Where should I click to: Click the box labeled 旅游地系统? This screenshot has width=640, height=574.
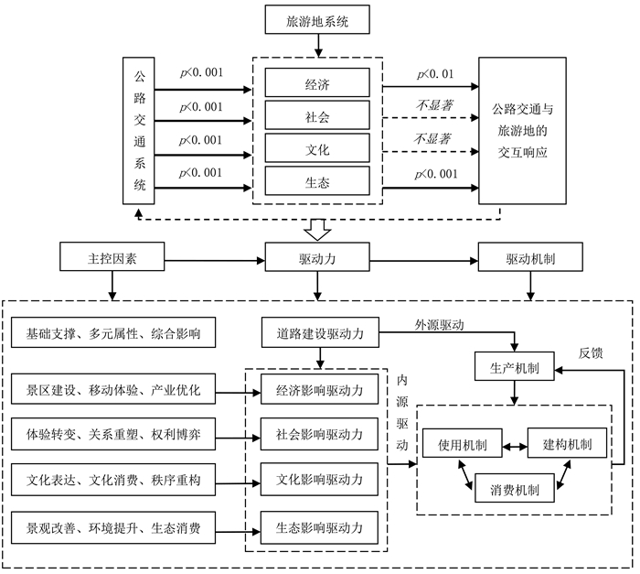(x=317, y=19)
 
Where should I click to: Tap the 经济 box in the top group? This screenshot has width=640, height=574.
(x=317, y=85)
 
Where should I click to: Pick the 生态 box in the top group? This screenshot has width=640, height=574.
(x=317, y=182)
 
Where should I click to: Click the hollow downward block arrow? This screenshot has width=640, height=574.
(x=317, y=226)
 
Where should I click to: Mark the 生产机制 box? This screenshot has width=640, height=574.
(x=515, y=367)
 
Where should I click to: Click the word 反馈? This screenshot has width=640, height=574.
(x=592, y=352)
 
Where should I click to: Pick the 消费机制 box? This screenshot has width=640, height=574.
(x=515, y=490)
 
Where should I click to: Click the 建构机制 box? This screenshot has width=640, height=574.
(x=567, y=446)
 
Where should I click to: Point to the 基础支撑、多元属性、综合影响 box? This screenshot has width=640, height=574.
(x=114, y=334)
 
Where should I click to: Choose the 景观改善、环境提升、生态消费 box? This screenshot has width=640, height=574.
(x=114, y=526)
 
